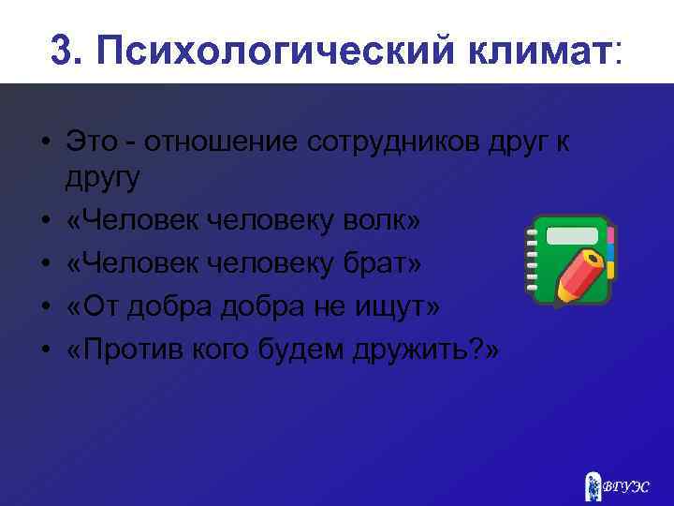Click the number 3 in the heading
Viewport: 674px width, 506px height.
tap(62, 51)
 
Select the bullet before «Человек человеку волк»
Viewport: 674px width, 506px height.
tap(44, 221)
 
